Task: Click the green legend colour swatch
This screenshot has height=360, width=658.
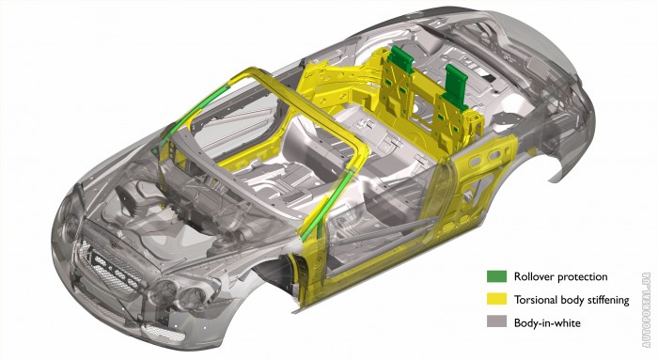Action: (497, 276)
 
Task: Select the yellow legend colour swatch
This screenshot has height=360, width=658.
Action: (497, 299)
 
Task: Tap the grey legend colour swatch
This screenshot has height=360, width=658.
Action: (497, 321)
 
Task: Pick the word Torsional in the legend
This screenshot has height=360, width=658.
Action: (536, 300)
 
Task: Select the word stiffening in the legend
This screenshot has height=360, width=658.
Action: (607, 301)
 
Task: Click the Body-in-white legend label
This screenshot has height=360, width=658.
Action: (547, 322)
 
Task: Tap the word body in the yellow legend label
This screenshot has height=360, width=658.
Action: (571, 301)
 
